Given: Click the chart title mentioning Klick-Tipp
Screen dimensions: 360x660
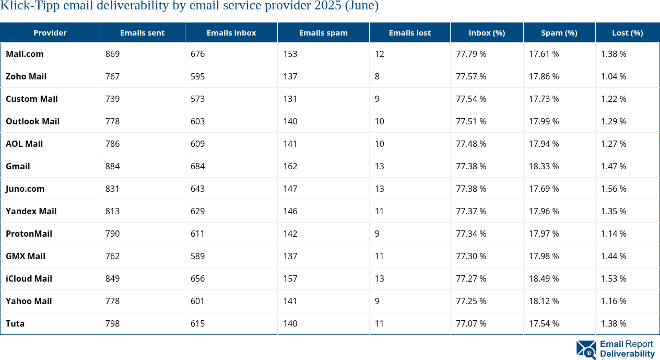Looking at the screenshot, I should coord(189,6).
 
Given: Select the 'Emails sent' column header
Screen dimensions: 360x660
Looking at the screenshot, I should coord(142,32).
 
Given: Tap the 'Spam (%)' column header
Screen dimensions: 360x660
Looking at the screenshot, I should coord(559,32).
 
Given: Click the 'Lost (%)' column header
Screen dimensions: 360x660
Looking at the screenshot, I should coord(627,32).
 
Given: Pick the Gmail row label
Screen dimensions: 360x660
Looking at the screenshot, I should coord(18,166).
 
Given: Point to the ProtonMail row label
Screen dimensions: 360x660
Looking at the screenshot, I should coord(29,234).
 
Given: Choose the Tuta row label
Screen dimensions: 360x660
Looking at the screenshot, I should coord(15,323).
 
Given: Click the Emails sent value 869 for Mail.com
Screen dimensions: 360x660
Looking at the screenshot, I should coord(112,54).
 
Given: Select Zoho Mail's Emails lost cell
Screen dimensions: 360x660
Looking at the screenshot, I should coord(377,76).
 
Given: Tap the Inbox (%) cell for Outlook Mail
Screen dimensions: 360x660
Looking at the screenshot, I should coord(470,121).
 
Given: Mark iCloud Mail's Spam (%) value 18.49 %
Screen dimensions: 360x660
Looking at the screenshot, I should coord(544,278).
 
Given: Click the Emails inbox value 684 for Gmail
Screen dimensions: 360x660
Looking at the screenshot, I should coord(197,166).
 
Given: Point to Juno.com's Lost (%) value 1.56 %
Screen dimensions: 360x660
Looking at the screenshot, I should coord(614,189).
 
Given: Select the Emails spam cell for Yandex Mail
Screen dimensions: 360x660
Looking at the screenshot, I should coord(290,211).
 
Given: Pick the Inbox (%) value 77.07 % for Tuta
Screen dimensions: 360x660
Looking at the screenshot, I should coord(470,323).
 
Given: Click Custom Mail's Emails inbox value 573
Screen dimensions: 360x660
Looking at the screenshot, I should coord(197,99).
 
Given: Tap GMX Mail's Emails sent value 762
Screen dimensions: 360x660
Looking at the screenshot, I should coord(112,256).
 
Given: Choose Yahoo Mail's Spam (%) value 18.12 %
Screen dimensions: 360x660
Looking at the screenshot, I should coord(544,301).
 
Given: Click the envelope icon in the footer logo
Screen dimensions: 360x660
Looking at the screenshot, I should coord(586,350).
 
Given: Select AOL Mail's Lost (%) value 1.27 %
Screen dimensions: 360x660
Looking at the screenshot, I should coord(614,144).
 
